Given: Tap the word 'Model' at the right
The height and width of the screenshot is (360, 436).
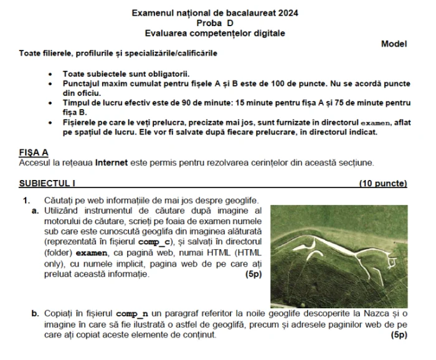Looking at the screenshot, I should point(394,44).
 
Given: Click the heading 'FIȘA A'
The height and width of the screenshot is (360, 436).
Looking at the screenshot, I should point(34,153).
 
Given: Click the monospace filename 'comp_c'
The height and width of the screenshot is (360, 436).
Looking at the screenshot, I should point(153,241).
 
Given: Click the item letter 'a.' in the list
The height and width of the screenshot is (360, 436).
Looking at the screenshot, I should point(35,211).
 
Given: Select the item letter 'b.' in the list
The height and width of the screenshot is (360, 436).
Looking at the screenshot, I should point(35,314).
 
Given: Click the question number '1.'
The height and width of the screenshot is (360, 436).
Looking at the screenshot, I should point(26,200).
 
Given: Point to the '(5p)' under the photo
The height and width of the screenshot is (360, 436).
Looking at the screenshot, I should point(399,335).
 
